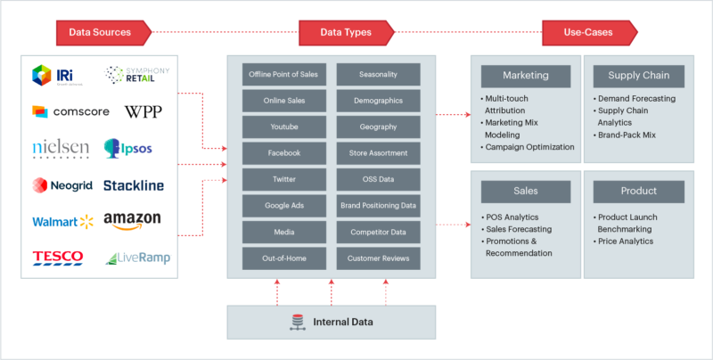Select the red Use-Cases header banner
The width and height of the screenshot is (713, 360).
590,33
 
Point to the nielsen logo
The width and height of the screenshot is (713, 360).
61,146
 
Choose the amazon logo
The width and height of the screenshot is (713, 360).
132,219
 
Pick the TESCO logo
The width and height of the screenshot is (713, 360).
58,258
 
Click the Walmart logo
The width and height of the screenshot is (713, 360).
62,221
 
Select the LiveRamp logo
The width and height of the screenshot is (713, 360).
137,258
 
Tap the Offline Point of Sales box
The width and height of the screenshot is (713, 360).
283,74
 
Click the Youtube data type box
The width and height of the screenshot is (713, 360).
283,127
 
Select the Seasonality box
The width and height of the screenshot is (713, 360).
378,74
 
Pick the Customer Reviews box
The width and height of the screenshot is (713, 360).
378,258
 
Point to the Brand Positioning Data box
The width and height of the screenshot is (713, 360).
378,206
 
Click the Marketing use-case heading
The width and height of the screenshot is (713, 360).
525,75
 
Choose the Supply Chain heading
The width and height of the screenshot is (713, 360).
638,75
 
